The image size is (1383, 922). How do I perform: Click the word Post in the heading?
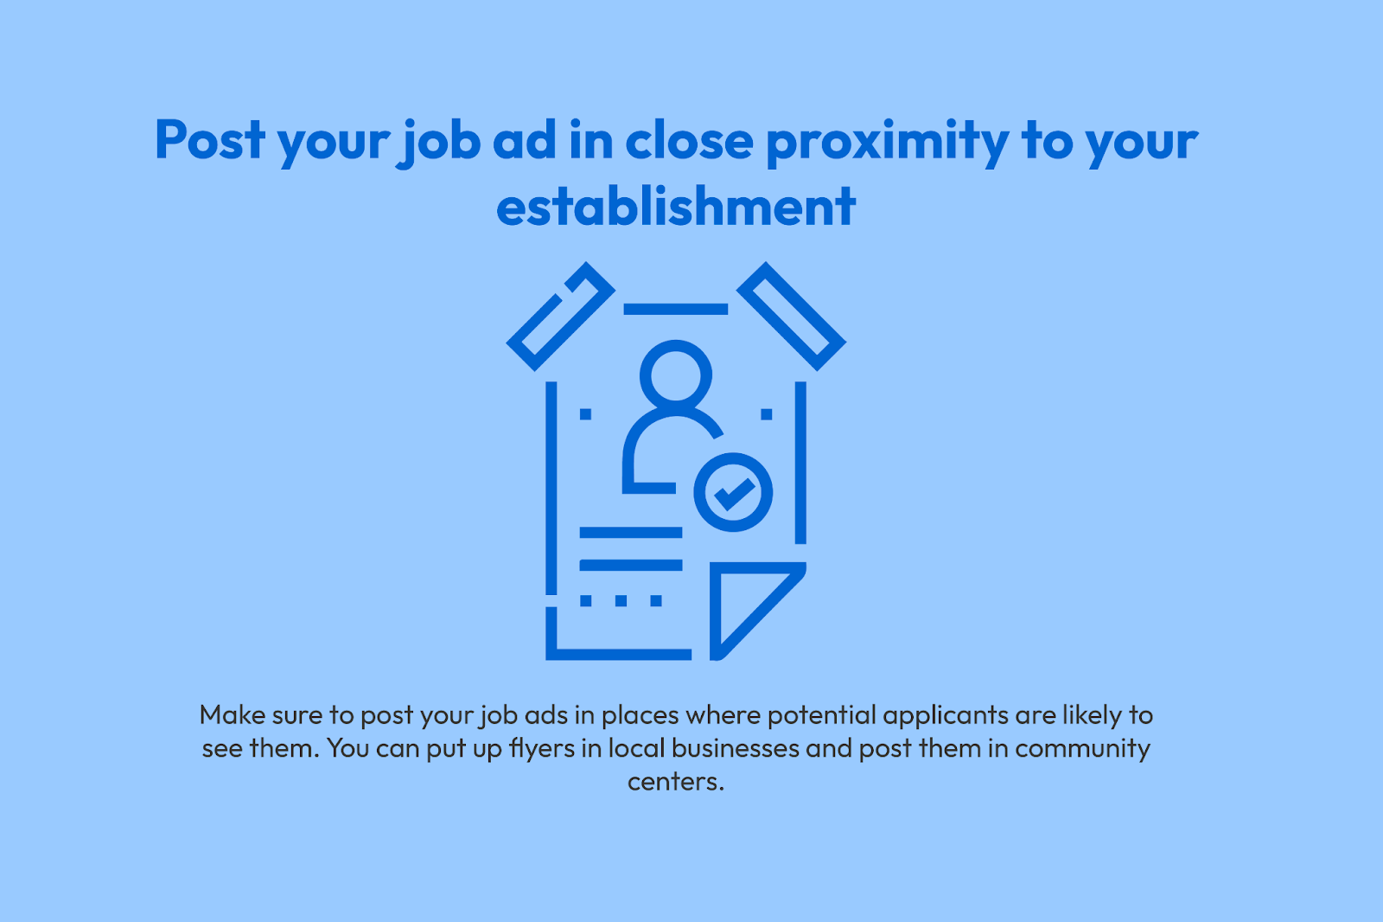(210, 139)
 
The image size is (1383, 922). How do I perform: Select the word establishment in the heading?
(676, 205)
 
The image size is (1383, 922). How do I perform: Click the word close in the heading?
(689, 139)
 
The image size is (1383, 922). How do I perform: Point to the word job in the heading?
(437, 143)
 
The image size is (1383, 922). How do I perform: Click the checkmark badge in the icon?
(733, 492)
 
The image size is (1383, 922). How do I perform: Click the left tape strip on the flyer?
(561, 317)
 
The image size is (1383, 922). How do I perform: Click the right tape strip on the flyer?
(792, 317)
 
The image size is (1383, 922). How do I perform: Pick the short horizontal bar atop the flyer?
(675, 309)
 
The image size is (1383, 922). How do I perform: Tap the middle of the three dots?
(621, 600)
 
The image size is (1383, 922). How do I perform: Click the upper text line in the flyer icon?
(631, 533)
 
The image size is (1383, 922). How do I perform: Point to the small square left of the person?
(585, 414)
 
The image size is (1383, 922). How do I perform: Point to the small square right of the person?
(766, 414)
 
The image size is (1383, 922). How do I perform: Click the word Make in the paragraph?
(232, 715)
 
